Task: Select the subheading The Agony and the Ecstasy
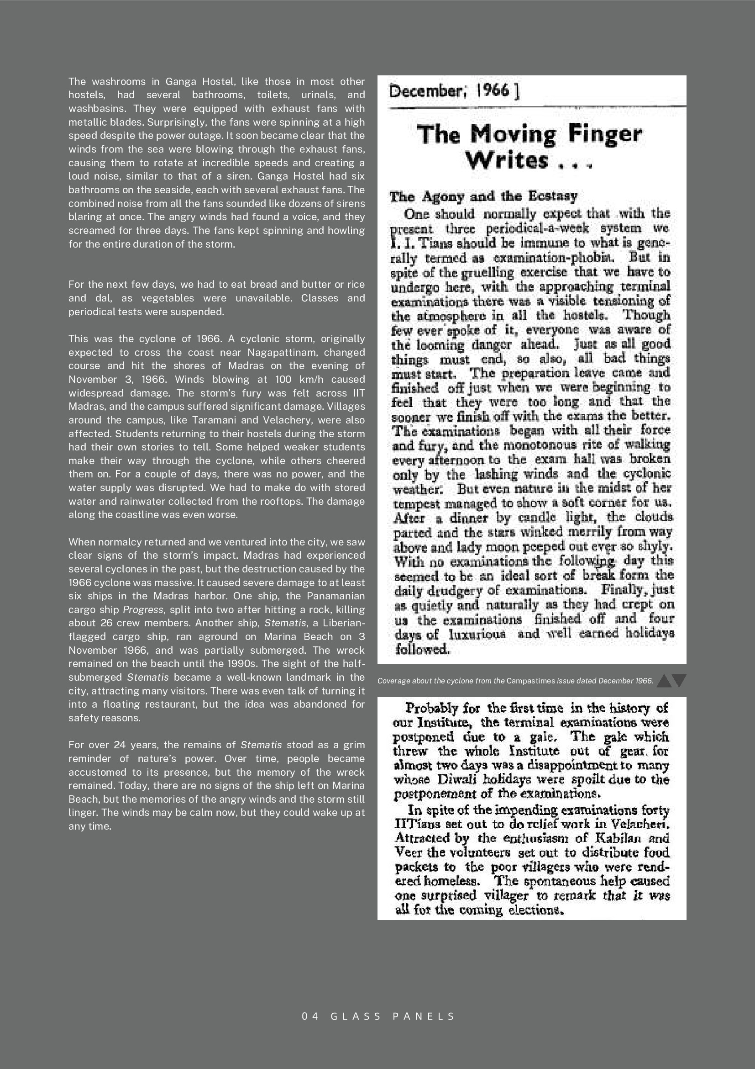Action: [x=483, y=196]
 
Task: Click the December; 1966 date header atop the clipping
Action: [x=454, y=91]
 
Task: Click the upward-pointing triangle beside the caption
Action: [x=664, y=681]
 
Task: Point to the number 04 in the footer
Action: [x=310, y=1016]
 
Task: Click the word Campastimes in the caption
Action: [x=531, y=681]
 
